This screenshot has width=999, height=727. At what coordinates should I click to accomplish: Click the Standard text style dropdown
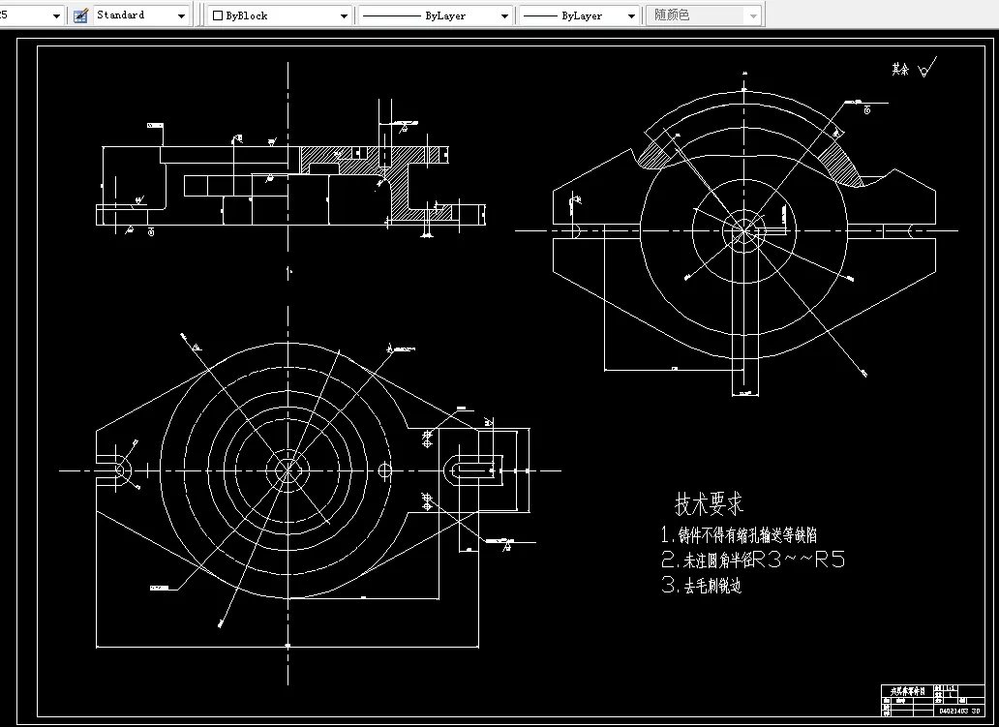(141, 15)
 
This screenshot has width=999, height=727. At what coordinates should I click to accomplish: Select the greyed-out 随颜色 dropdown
(704, 15)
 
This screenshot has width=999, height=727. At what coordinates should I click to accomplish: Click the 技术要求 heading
(710, 504)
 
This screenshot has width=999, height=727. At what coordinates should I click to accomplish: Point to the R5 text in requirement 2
(831, 560)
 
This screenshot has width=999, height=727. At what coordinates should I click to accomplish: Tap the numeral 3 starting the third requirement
(667, 585)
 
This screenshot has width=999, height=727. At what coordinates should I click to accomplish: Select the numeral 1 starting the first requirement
(666, 534)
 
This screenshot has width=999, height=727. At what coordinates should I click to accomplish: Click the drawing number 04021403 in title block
(954, 711)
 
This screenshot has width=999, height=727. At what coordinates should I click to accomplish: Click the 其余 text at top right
(901, 70)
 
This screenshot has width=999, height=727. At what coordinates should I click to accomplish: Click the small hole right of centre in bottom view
(385, 470)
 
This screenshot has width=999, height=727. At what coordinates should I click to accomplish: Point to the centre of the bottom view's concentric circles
(288, 470)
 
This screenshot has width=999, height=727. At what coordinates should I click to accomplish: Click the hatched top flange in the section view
(329, 155)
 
